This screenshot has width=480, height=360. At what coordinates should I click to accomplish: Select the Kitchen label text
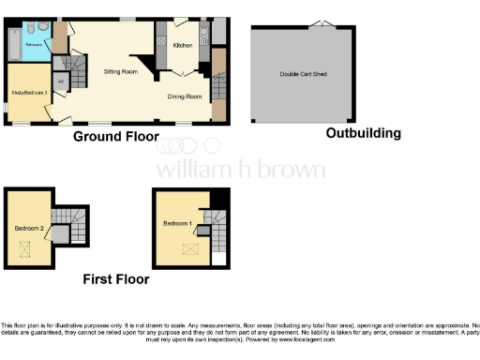(x=183, y=45)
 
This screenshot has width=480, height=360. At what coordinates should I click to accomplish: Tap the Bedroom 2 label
(x=27, y=228)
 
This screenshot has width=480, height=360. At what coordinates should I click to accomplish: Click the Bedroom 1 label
(x=177, y=223)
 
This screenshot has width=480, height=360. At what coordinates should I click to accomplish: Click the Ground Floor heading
(x=117, y=137)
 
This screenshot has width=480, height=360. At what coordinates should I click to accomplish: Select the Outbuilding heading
(x=363, y=133)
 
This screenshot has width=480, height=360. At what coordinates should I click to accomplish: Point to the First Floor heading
(x=115, y=278)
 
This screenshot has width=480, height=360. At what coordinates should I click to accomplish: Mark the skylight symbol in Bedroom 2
(x=25, y=248)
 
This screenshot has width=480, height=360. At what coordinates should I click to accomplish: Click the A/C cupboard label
(x=62, y=82)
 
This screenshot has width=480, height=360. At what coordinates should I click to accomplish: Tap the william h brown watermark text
(x=240, y=170)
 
